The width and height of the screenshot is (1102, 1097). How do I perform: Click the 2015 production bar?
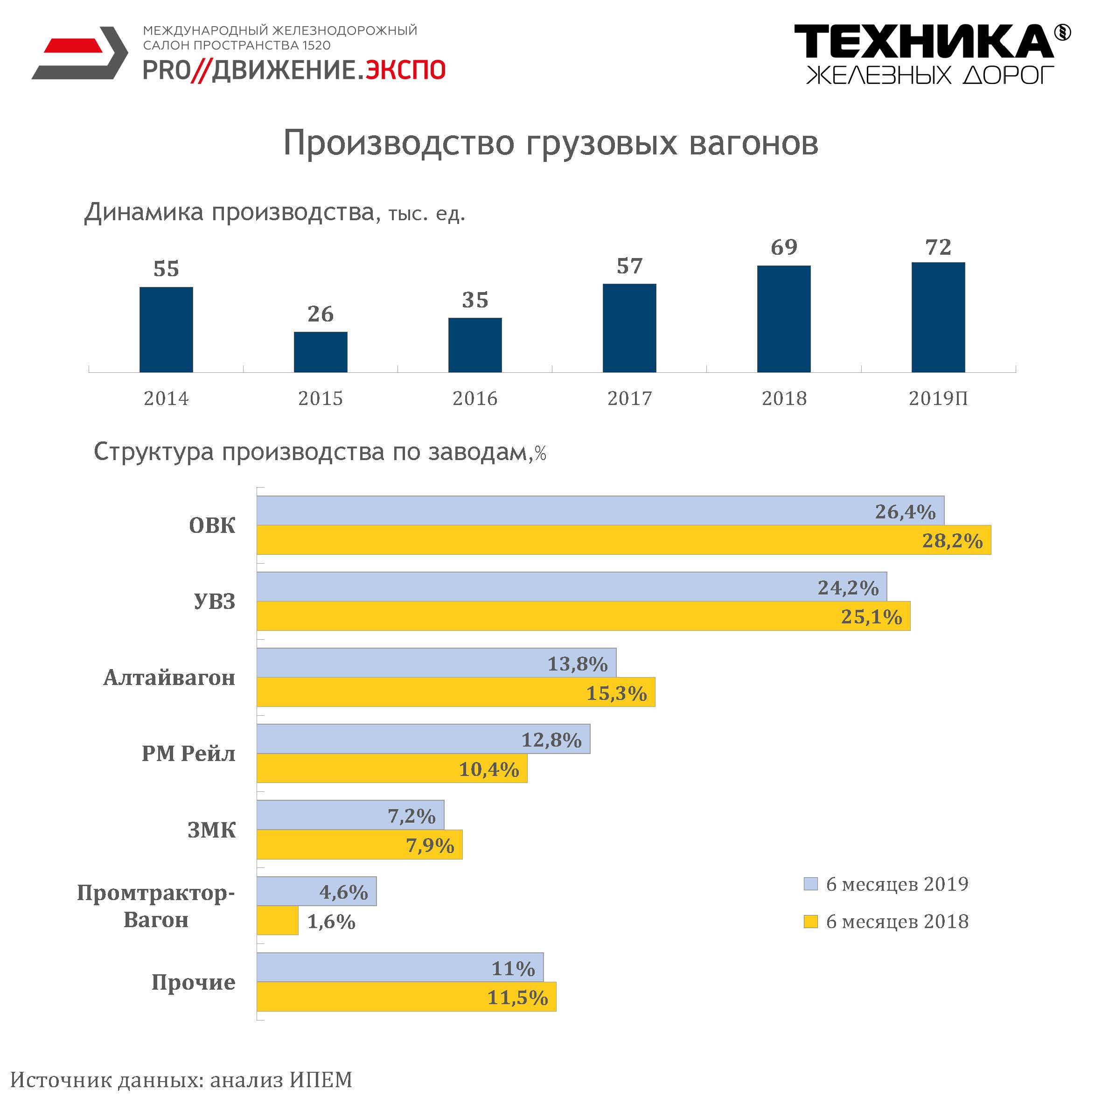321,352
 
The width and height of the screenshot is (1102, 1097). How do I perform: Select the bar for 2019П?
938,317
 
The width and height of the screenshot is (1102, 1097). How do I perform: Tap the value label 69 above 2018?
784,247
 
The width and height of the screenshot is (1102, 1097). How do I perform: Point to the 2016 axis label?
474,398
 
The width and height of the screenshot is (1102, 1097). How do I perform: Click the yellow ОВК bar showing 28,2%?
623,540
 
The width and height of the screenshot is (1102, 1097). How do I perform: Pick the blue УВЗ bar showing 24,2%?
572,587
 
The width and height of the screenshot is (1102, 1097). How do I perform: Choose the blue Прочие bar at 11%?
399,967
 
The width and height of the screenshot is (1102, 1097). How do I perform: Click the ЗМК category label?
212,830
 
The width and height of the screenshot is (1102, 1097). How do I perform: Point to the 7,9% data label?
430,845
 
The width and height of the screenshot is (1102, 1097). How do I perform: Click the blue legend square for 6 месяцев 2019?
810,884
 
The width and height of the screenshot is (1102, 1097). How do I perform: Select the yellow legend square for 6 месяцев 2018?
810,921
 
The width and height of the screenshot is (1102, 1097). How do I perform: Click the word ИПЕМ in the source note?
321,1080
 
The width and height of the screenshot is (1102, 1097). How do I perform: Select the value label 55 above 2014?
166,269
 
